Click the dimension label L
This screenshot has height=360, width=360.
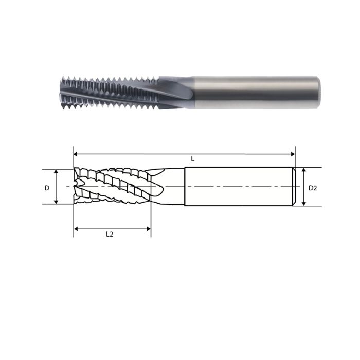coord(193,159)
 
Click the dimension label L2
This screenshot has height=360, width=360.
coord(110,234)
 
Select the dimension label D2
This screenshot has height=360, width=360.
coord(313,188)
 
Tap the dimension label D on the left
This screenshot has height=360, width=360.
coord(47,188)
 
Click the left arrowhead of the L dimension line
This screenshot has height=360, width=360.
coord(77,153)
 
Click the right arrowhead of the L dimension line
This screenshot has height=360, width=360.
coord(293,153)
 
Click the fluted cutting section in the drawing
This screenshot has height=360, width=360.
coord(113,186)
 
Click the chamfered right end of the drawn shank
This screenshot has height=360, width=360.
coord(294,186)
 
